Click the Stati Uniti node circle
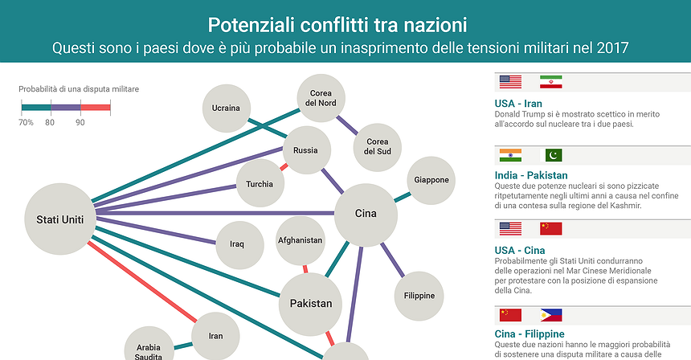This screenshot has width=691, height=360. tap(59, 219)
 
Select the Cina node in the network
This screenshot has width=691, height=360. tap(366, 214)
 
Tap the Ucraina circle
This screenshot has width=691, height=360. tap(226, 108)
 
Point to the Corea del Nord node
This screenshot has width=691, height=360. tap(321, 98)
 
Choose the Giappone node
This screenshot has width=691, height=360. tap(431, 180)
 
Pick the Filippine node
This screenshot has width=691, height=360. tap(419, 295)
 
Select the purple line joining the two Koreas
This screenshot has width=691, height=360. tap(347, 124)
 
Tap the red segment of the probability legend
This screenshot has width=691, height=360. tap(95, 106)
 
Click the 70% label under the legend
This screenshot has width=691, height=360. tap(26, 122)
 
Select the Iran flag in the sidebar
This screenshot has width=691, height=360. tap(551, 82)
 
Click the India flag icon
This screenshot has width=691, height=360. tap(510, 155)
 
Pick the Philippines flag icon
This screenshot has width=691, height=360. tap(551, 315)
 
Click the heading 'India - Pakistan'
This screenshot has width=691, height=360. tap(531, 175)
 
